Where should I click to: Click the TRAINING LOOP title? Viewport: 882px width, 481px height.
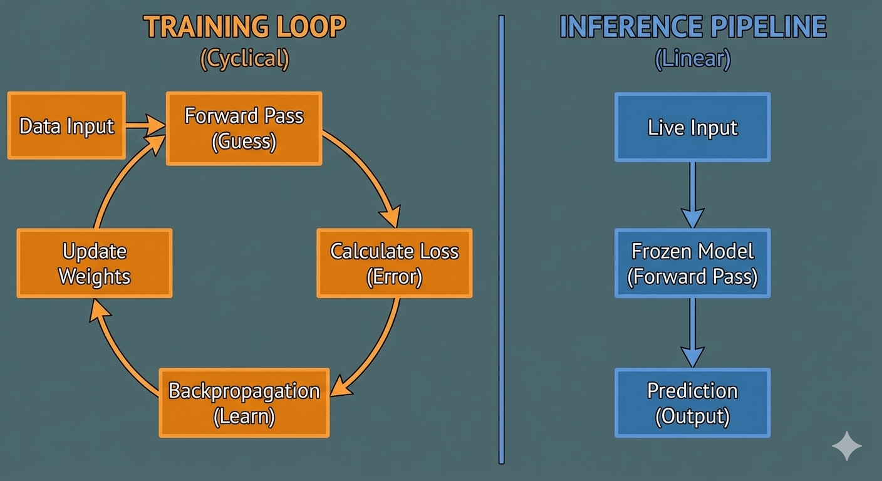[x=244, y=28]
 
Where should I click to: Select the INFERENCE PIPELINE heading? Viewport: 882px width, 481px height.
[x=693, y=28]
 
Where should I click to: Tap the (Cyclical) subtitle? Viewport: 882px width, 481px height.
[x=244, y=59]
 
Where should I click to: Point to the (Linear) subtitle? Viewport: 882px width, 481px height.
[x=693, y=59]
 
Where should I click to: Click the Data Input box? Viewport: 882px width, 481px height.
[x=66, y=126]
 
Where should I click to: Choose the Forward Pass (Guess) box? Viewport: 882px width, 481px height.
[x=244, y=128]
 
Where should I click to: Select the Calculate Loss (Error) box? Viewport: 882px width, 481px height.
[x=394, y=263]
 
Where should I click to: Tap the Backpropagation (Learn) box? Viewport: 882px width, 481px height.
[x=244, y=403]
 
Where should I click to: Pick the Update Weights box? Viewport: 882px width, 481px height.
[x=94, y=263]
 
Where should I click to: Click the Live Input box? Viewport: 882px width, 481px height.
[x=692, y=128]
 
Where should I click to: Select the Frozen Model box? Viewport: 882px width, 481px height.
[x=692, y=263]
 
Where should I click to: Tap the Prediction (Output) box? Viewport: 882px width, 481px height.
[x=692, y=403]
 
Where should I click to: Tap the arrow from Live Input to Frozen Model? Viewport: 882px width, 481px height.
[x=692, y=194]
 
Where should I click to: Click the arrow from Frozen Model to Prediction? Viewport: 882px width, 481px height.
[x=692, y=332]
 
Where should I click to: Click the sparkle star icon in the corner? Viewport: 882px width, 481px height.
[x=846, y=446]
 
